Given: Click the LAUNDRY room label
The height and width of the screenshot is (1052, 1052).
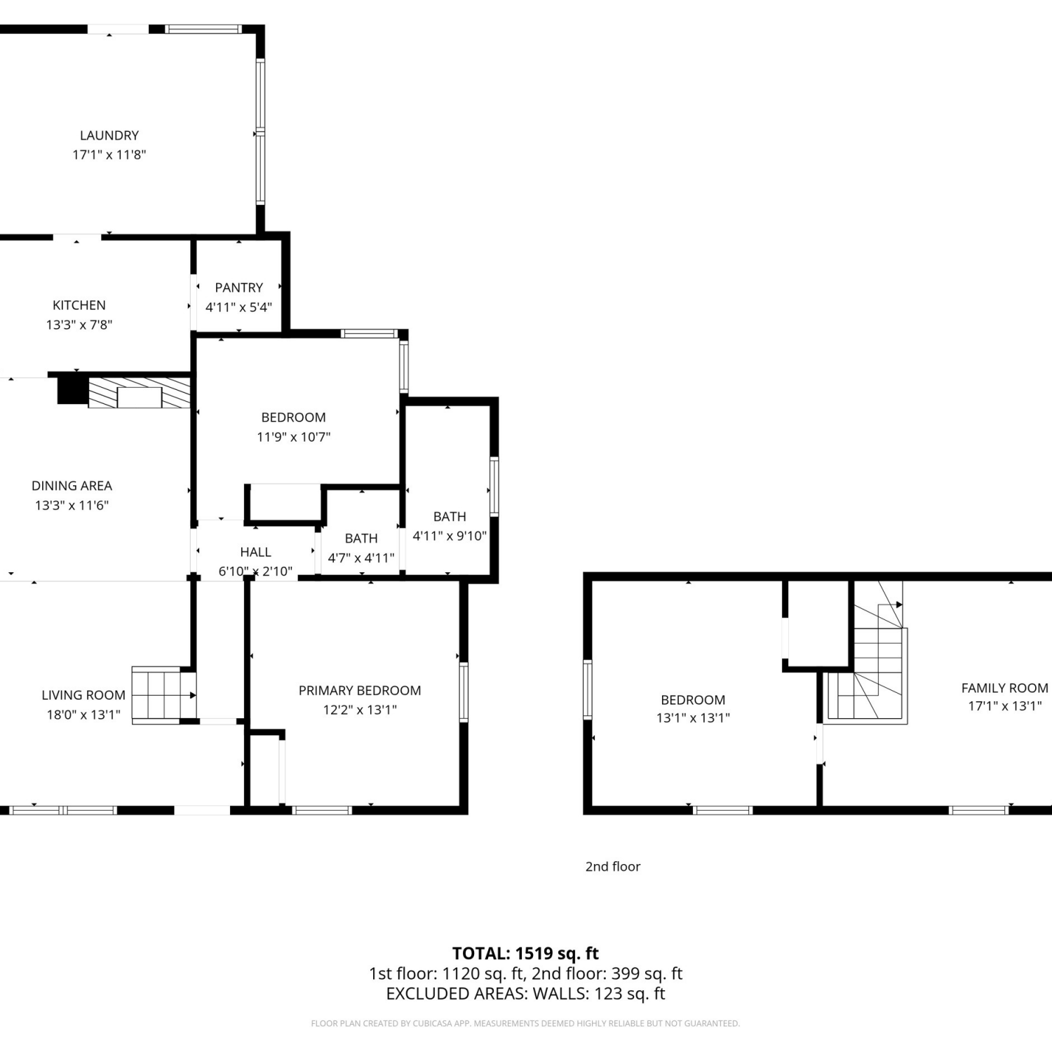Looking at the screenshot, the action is (x=109, y=135).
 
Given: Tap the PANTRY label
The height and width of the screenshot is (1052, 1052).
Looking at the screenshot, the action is (x=239, y=288).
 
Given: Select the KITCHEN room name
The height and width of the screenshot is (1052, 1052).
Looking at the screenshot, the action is (x=79, y=305).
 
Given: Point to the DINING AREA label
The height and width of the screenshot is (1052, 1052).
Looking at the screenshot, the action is (x=72, y=485).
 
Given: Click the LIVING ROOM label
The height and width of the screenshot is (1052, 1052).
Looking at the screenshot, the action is (x=83, y=695).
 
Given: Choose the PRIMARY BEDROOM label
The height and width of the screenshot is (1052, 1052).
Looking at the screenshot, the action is (x=360, y=691).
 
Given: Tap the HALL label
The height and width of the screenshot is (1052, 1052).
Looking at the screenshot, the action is (x=255, y=552).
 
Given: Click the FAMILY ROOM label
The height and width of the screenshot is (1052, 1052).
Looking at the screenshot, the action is (x=1005, y=688).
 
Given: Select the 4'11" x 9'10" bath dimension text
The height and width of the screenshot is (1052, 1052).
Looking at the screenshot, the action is (x=450, y=536).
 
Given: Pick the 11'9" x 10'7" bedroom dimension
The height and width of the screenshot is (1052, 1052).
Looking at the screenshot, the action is (x=294, y=437).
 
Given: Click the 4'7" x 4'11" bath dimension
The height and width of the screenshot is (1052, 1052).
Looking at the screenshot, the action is (x=361, y=558).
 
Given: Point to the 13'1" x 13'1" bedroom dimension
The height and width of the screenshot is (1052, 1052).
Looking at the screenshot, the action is (x=693, y=718).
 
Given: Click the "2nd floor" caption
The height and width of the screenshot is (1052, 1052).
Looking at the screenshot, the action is (x=613, y=867).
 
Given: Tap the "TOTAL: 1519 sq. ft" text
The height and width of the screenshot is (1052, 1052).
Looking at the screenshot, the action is (x=525, y=954).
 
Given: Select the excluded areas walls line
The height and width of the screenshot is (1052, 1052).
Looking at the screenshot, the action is (x=525, y=994).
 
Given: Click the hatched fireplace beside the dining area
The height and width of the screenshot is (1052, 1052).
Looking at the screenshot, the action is (x=140, y=393).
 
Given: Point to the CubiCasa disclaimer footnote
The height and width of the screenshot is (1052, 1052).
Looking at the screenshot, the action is (x=525, y=1024).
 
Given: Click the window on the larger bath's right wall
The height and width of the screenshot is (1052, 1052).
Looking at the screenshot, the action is (x=494, y=487).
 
